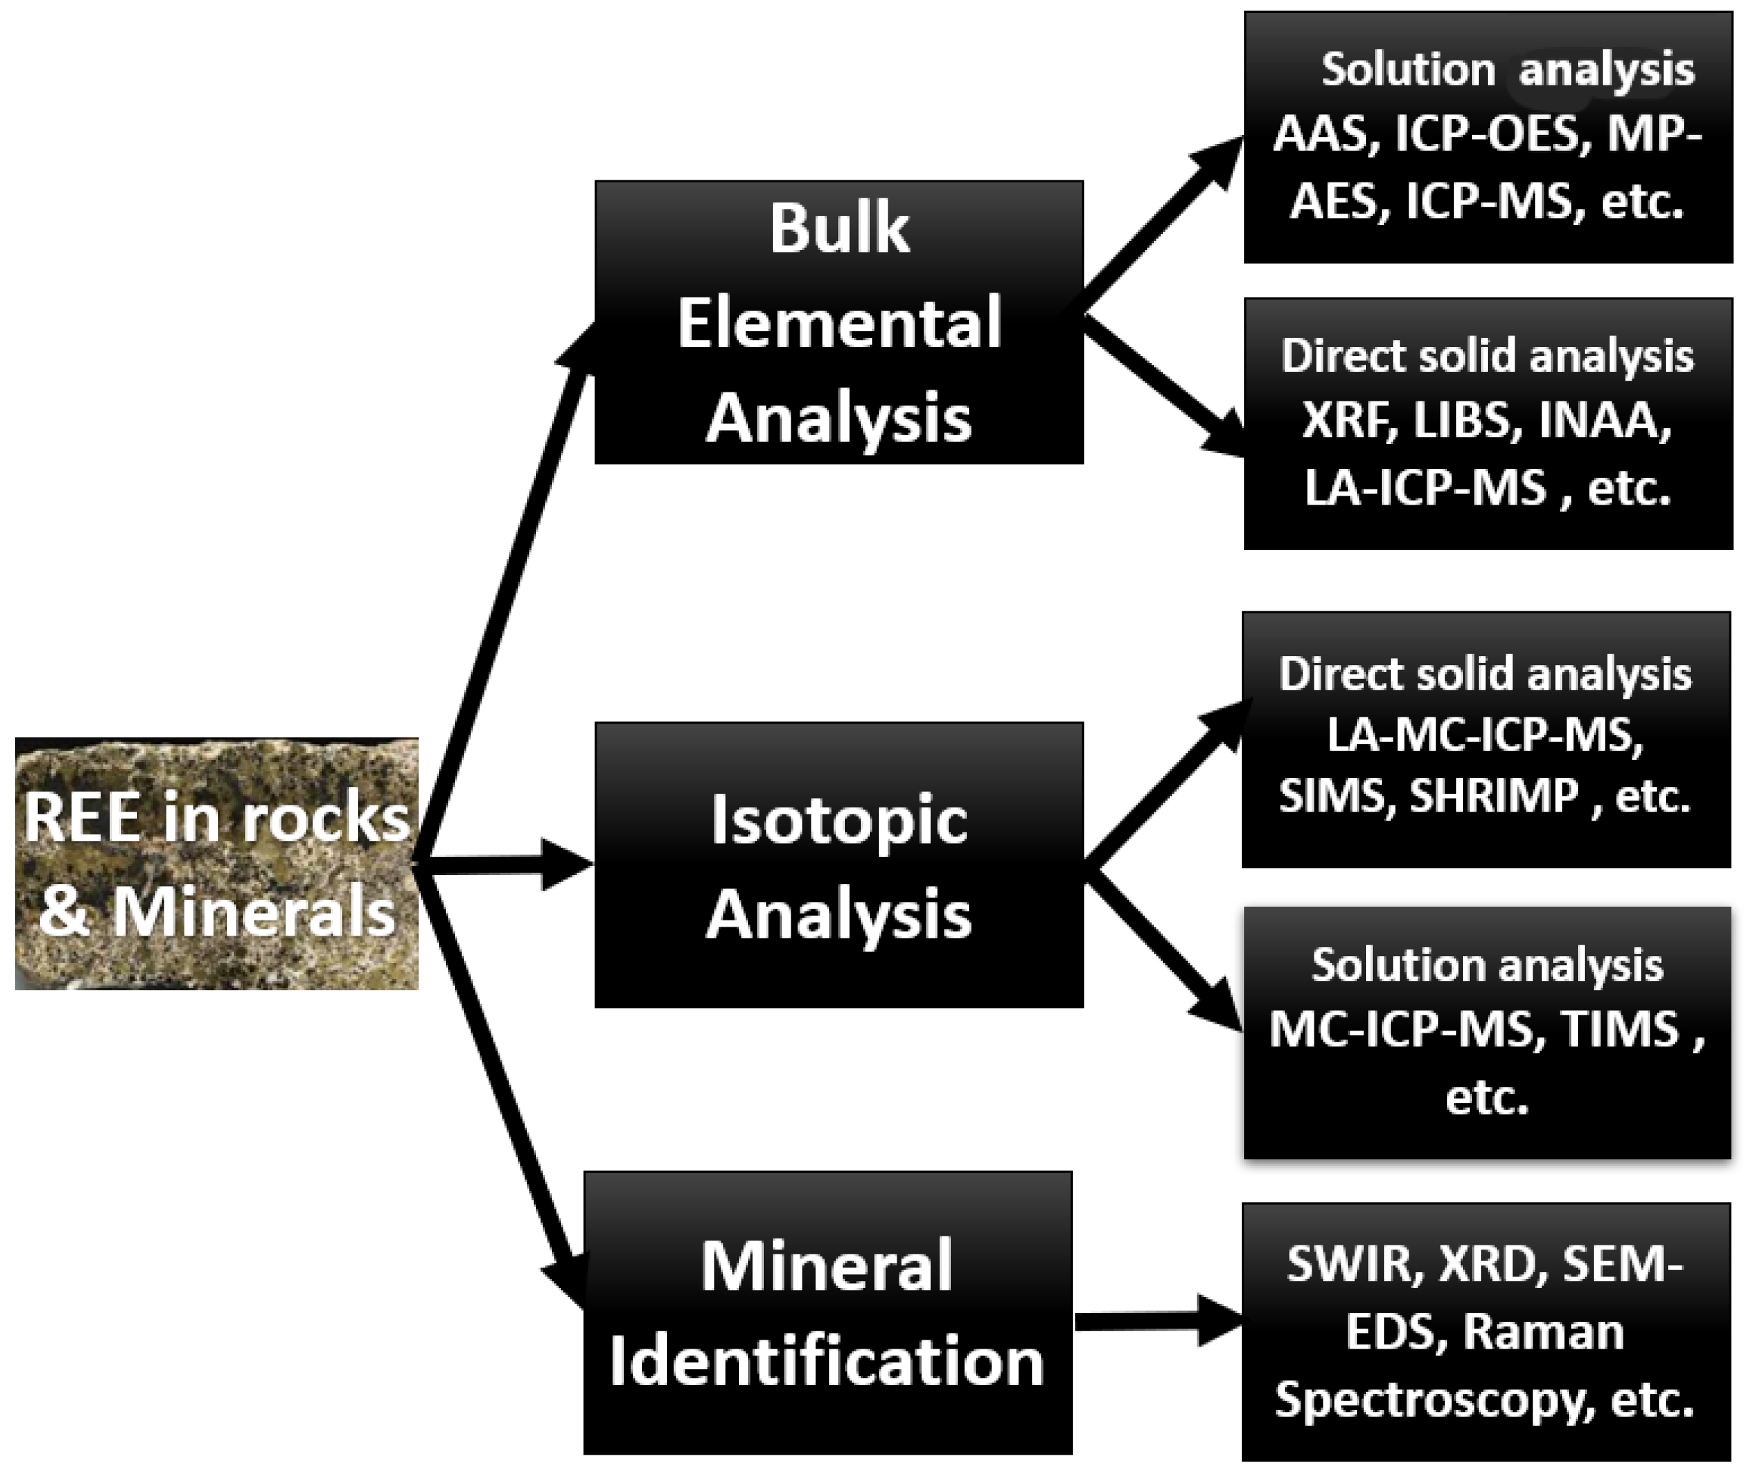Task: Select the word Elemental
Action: pyautogui.click(x=839, y=324)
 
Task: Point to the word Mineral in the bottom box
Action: pyautogui.click(x=826, y=1267)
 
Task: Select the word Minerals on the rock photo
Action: pyautogui.click(x=253, y=911)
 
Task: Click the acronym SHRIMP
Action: pyautogui.click(x=1493, y=796)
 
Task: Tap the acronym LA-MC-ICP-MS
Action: pyautogui.click(x=1486, y=735)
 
